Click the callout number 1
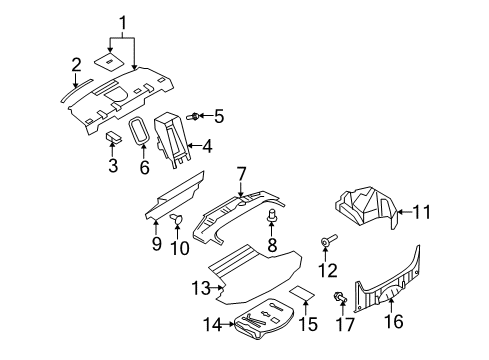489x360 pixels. pyautogui.click(x=123, y=22)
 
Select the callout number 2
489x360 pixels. pyautogui.click(x=76, y=66)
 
